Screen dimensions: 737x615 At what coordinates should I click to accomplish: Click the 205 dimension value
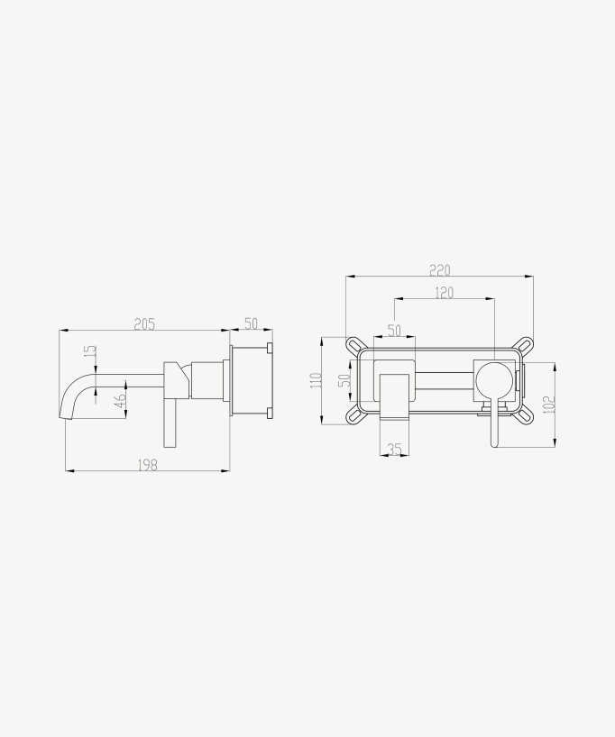click(144, 324)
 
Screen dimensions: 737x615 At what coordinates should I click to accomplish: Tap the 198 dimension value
click(147, 465)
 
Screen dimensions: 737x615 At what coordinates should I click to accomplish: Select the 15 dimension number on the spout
click(88, 351)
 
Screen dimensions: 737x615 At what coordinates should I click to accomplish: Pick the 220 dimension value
click(439, 270)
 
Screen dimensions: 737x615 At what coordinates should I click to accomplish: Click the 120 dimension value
click(444, 293)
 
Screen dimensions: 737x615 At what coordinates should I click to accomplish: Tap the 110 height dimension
click(316, 380)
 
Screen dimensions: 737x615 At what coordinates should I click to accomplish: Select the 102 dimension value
click(549, 404)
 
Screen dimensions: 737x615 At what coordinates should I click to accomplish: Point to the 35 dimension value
click(394, 449)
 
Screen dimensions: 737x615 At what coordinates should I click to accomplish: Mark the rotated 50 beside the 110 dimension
click(344, 380)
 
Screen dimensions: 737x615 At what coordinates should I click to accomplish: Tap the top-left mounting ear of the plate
click(354, 345)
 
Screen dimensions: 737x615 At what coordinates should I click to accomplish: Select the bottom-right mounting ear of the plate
click(525, 414)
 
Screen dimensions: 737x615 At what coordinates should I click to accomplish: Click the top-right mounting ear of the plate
click(525, 345)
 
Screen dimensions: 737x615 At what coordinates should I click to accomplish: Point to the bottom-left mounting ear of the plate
click(354, 414)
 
